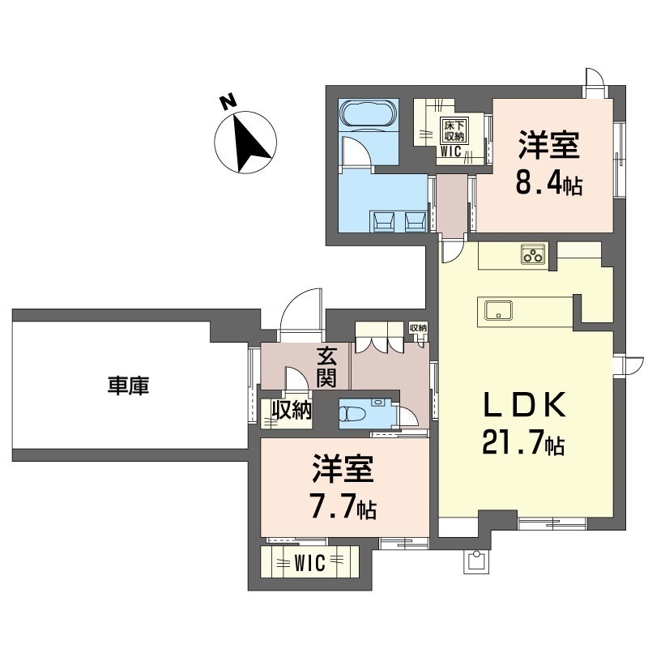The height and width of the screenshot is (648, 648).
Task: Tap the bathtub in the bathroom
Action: coord(368,115)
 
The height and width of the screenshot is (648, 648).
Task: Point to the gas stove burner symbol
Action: coord(533,256)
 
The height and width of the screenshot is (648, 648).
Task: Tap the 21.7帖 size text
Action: coord(522,444)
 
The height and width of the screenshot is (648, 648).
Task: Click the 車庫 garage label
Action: coord(128,386)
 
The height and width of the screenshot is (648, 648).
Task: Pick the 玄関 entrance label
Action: coord(327,365)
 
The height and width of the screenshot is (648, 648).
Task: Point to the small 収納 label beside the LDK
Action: coord(418,327)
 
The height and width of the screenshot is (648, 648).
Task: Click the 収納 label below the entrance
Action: coord(292,410)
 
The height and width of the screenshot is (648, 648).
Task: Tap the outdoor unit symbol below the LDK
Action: coord(477,561)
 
